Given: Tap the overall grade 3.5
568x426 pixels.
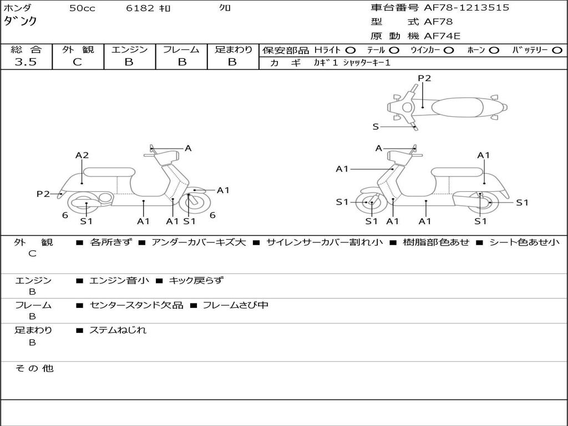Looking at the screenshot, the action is point(26,62).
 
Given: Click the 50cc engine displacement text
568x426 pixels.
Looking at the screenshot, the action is point(82,8).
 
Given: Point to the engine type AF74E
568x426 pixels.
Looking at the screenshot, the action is point(442,37).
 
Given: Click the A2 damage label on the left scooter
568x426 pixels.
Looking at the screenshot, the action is point(82,155).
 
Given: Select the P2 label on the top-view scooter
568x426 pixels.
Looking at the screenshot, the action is point(424,78).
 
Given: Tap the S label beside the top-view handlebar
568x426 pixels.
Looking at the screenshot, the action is point(376,126).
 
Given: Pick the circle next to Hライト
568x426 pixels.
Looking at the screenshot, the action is point(350,50).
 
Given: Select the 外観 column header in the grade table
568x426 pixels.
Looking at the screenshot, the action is point(78,49).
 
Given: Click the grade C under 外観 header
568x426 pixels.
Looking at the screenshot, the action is point(78,62).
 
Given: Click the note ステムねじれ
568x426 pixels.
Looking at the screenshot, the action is point(118,330).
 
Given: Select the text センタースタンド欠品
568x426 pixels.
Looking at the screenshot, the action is point(136,305).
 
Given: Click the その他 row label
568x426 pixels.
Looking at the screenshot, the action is point(34,368).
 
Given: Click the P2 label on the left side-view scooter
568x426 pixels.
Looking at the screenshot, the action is point(43,194).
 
